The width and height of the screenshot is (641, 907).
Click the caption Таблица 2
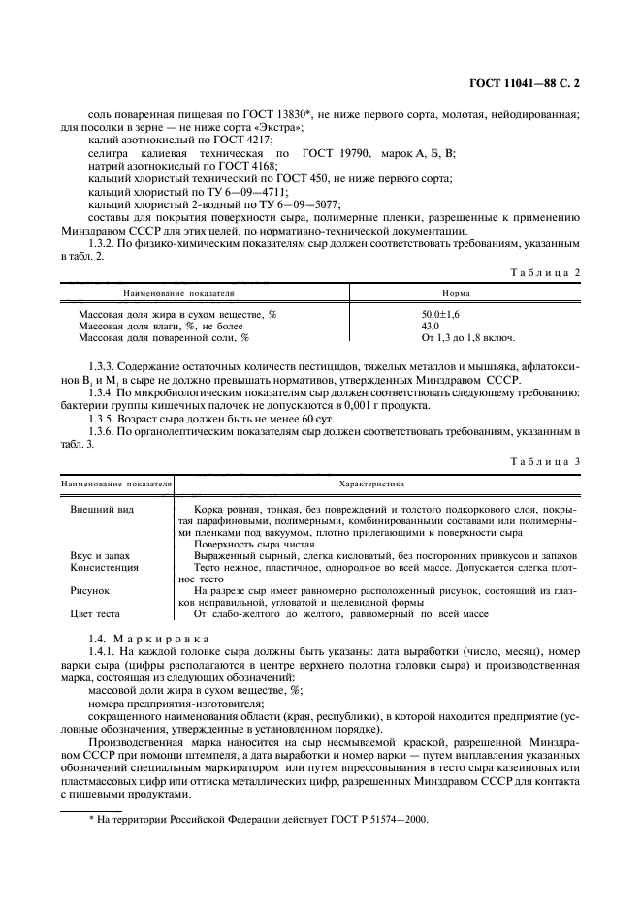(x=545, y=272)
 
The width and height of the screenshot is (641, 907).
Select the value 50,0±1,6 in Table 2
(x=441, y=315)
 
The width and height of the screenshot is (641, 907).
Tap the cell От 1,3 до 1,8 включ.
(x=467, y=338)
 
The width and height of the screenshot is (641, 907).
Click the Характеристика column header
(x=371, y=482)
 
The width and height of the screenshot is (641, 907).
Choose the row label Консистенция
(x=104, y=567)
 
